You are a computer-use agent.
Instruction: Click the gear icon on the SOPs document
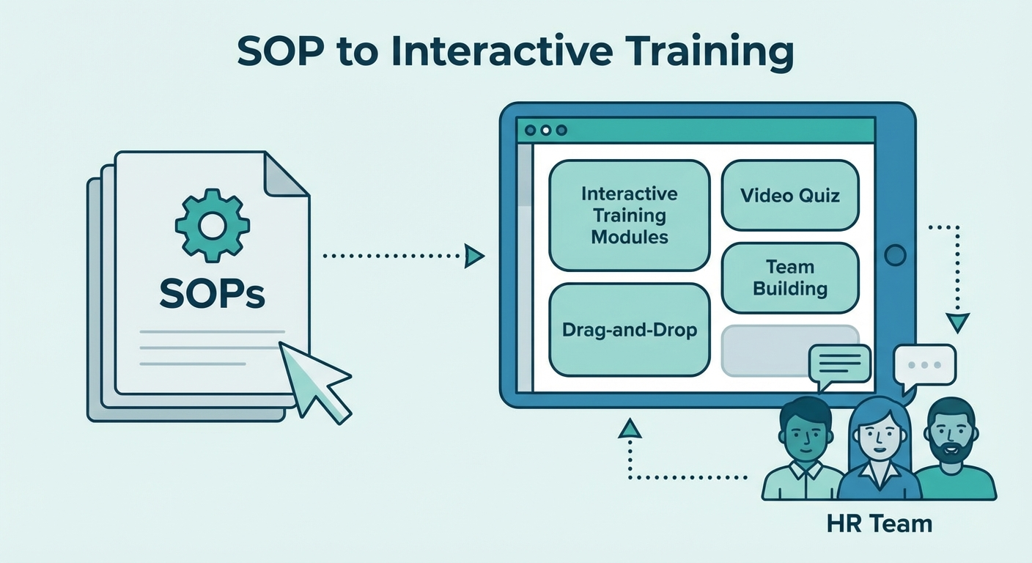(213, 225)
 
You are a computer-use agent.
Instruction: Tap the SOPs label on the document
(213, 294)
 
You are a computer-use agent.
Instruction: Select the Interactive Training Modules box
(630, 215)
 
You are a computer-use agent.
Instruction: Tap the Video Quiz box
(790, 195)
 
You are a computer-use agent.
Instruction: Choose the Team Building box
(790, 278)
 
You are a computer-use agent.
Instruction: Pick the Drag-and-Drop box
(630, 330)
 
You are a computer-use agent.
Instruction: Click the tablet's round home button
(895, 255)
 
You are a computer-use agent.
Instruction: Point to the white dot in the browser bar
(546, 130)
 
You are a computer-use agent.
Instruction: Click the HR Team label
(879, 524)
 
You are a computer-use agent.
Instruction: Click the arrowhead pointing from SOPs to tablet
(474, 256)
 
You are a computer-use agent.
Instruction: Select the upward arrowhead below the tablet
(630, 428)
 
